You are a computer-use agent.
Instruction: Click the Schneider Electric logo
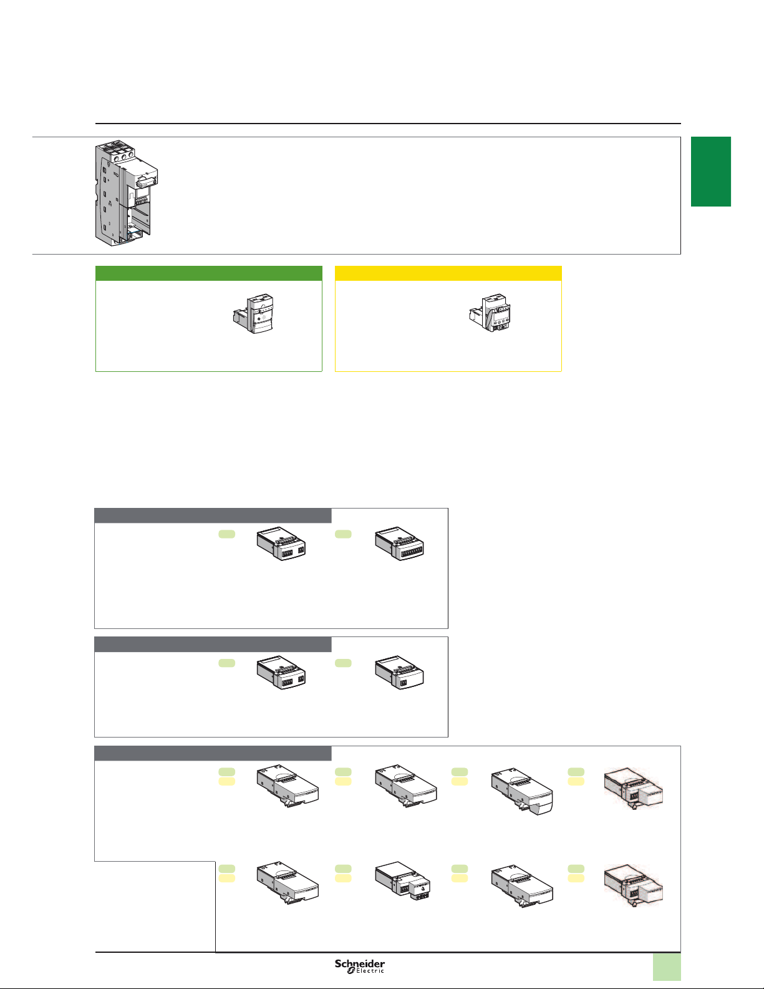[360, 966]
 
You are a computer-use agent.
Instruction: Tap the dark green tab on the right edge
[711, 172]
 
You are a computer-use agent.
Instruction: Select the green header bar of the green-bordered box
[209, 273]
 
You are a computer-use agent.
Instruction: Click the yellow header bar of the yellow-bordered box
[448, 273]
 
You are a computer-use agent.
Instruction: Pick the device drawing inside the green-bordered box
[253, 314]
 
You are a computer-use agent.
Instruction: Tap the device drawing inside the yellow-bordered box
[490, 313]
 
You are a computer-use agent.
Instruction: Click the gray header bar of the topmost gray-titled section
[213, 515]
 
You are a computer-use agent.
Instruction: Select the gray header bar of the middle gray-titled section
[213, 644]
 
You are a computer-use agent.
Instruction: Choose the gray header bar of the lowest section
[213, 753]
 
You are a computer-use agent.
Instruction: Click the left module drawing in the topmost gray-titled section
[281, 543]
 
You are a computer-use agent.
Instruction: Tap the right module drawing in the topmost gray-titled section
[399, 543]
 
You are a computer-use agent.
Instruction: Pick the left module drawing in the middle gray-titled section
[281, 672]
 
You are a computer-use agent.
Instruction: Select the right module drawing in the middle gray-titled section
[399, 672]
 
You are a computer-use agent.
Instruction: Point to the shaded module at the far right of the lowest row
[633, 885]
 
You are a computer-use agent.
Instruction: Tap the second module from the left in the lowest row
[402, 880]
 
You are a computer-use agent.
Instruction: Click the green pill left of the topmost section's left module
[227, 534]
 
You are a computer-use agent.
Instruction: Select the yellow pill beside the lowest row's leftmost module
[227, 878]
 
